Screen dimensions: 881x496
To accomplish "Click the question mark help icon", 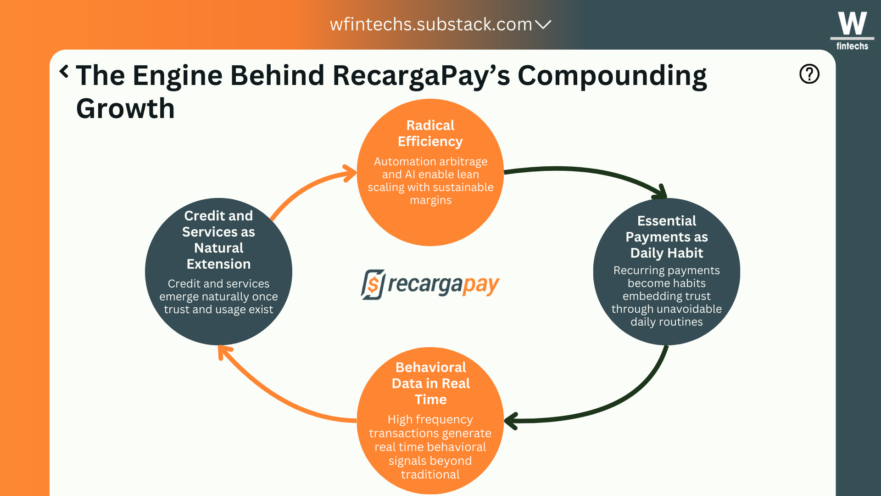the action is (x=809, y=74).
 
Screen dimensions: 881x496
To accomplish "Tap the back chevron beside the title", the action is (x=64, y=72).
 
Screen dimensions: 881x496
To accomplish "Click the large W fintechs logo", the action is (x=852, y=30).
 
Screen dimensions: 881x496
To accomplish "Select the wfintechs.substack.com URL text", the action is (x=430, y=24).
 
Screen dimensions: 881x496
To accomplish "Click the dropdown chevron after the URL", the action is (x=543, y=24).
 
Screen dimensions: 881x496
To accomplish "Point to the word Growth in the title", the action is (x=125, y=109).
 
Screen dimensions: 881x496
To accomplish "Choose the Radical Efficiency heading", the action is (x=430, y=133).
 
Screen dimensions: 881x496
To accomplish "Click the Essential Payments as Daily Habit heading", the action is (x=666, y=237).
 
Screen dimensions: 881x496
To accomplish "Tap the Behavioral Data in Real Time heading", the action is (x=430, y=383).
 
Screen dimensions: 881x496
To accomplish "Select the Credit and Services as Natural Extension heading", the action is (x=218, y=240).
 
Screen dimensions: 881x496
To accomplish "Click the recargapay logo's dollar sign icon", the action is (x=373, y=285).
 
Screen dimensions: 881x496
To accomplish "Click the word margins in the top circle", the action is (x=430, y=200).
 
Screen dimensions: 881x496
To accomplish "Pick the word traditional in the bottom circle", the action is (x=430, y=474).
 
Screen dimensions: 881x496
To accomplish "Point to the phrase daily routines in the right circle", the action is (x=666, y=322).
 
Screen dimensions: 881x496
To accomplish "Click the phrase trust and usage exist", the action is (x=218, y=310).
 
